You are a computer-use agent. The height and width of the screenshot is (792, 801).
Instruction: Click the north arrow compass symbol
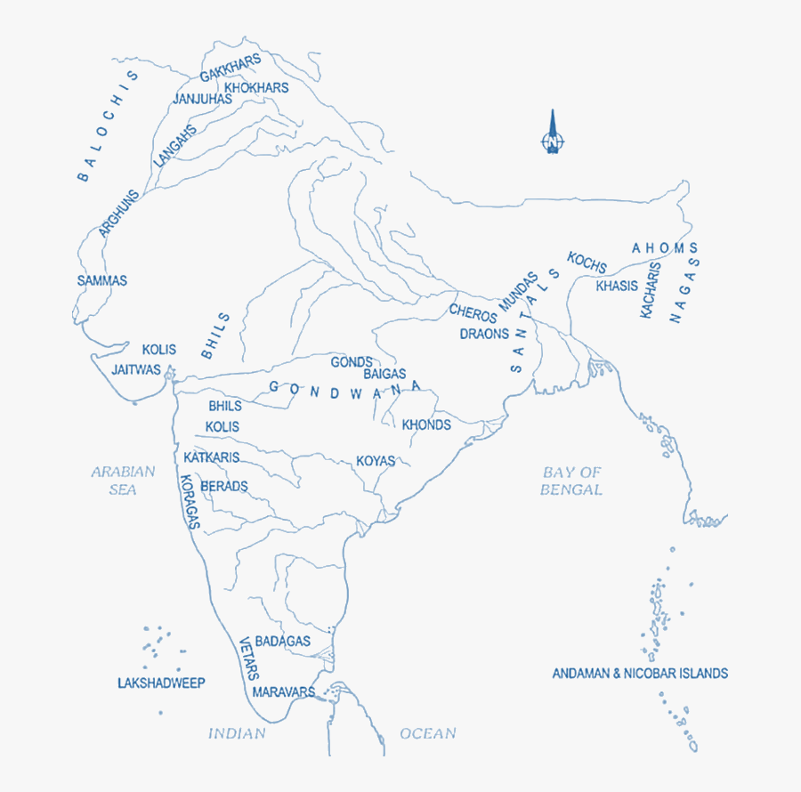pyautogui.click(x=553, y=134)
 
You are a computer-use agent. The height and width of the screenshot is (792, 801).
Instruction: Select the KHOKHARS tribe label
pyautogui.click(x=256, y=87)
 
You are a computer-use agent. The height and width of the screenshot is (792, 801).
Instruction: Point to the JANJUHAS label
pyautogui.click(x=202, y=99)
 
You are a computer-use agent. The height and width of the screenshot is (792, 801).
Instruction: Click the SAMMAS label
pyautogui.click(x=102, y=280)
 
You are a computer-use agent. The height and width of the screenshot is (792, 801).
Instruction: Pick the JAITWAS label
pyautogui.click(x=135, y=368)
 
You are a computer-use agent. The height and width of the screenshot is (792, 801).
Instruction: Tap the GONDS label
pyautogui.click(x=352, y=362)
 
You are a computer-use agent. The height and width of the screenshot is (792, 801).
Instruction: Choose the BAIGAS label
pyautogui.click(x=384, y=374)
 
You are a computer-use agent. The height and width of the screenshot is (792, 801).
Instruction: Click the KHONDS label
pyautogui.click(x=426, y=424)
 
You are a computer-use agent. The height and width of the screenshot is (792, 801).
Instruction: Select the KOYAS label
pyautogui.click(x=376, y=461)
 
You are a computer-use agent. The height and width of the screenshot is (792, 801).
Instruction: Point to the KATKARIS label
pyautogui.click(x=212, y=457)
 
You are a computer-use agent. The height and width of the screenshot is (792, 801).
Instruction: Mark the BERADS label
pyautogui.click(x=224, y=487)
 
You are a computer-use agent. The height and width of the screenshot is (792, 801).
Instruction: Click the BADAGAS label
pyautogui.click(x=283, y=641)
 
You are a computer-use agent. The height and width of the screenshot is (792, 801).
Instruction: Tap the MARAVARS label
pyautogui.click(x=284, y=691)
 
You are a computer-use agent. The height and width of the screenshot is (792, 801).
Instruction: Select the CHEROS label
pyautogui.click(x=473, y=314)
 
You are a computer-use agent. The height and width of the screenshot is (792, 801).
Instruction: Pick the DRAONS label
pyautogui.click(x=484, y=335)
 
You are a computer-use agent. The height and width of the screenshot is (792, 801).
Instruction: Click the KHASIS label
pyautogui.click(x=617, y=286)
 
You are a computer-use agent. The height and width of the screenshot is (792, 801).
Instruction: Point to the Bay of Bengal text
pyautogui.click(x=571, y=481)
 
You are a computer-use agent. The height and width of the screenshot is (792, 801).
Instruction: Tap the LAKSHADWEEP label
pyautogui.click(x=161, y=683)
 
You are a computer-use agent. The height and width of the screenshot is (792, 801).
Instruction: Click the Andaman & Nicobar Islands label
pyautogui.click(x=640, y=674)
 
